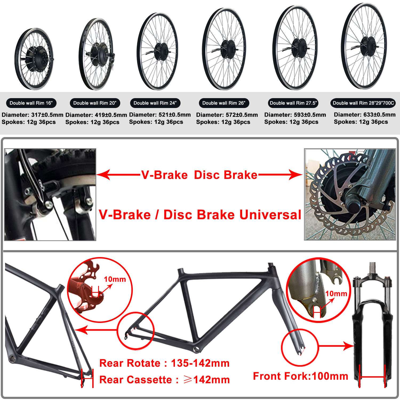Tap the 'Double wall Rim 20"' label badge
[95, 103]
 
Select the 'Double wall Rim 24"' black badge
[155, 103]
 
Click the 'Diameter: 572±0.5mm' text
[227, 115]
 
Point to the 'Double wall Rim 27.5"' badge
[293, 103]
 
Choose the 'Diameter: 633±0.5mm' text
[365, 115]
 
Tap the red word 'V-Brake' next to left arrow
[165, 175]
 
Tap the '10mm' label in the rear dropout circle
[115, 279]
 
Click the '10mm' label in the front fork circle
[336, 294]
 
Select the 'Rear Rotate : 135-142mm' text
[164, 363]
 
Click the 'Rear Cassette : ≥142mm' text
[164, 380]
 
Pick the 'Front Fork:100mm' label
[301, 376]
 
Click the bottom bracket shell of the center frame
[197, 349]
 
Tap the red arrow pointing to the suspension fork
[336, 346]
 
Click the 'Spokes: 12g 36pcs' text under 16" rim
[29, 122]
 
